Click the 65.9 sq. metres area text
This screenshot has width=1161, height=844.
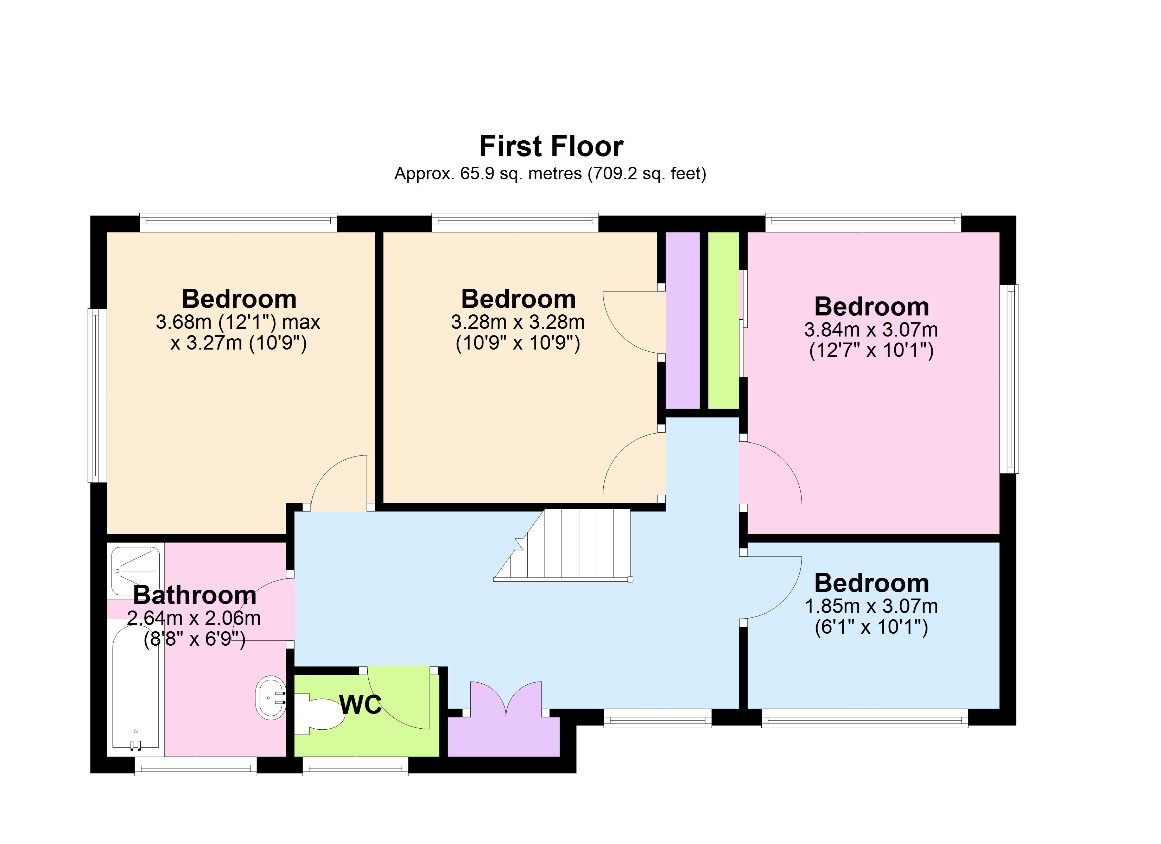(x=520, y=174)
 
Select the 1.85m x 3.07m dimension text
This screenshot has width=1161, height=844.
(x=871, y=607)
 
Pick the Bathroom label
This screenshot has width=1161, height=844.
(x=195, y=595)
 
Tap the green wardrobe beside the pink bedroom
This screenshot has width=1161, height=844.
(x=723, y=320)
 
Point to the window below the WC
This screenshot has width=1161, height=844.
(x=355, y=766)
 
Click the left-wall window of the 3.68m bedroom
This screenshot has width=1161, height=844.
(x=97, y=395)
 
